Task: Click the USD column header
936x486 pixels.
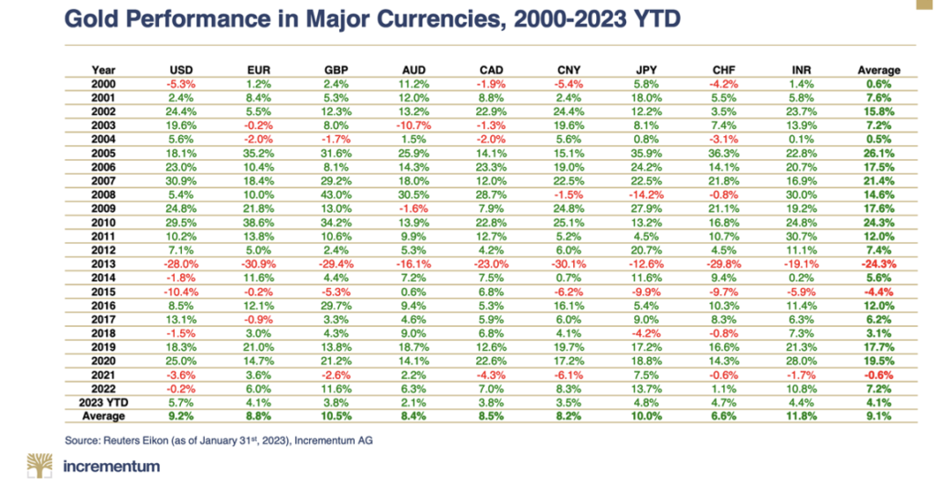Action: (181, 70)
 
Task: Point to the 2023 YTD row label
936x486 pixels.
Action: (102, 400)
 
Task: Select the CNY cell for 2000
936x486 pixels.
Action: (569, 82)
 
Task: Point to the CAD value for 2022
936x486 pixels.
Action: (491, 388)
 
